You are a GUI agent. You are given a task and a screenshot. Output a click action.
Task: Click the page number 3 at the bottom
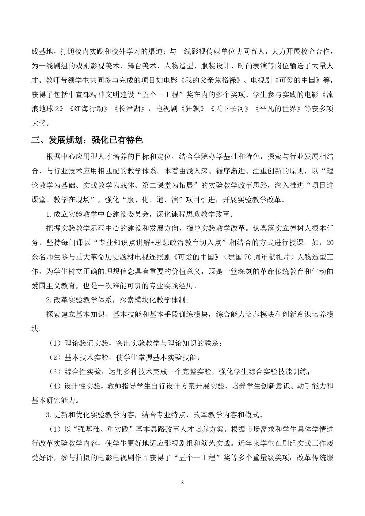click(x=183, y=483)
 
